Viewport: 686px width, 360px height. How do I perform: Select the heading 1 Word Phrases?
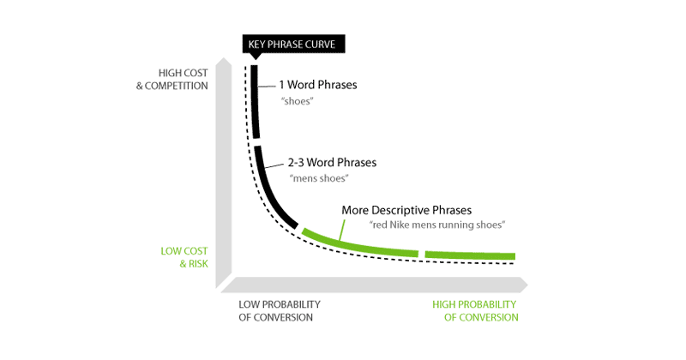[x=318, y=86]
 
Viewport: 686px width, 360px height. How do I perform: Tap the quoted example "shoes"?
[x=296, y=100]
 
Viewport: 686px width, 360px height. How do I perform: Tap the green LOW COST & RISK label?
[x=184, y=258]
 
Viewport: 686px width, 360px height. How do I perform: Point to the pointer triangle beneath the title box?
[x=255, y=57]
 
